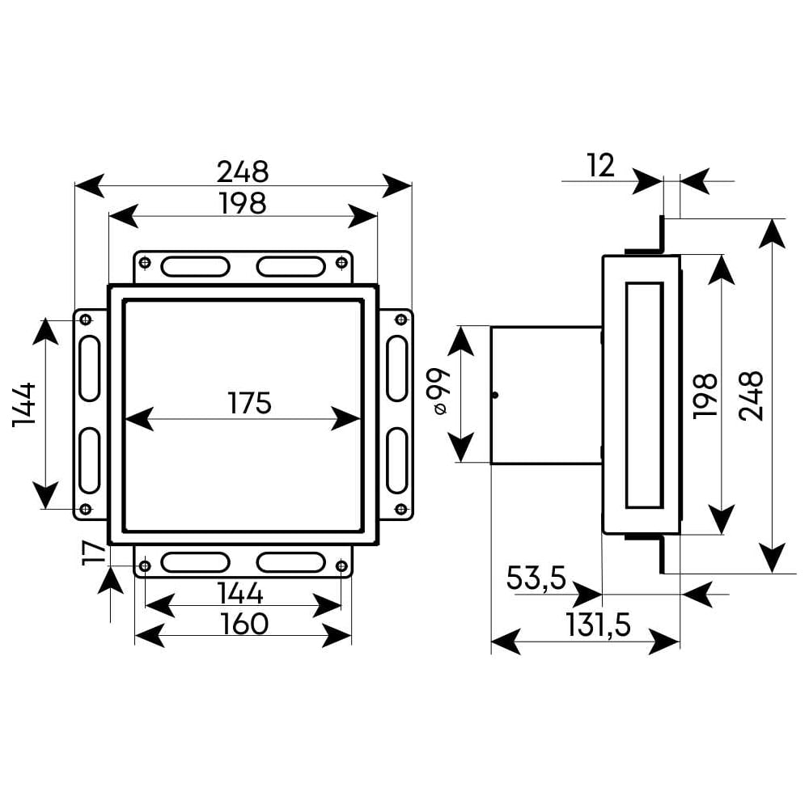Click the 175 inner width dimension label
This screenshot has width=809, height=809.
coord(249,403)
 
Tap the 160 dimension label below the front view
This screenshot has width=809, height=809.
coord(244,624)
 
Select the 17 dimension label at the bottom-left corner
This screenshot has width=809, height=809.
coord(93,553)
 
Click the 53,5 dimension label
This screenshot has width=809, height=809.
coord(536,578)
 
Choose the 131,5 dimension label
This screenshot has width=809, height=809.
coord(598,625)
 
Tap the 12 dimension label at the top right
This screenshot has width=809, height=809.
coord(600,166)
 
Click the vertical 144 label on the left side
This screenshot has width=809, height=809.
coord(24,404)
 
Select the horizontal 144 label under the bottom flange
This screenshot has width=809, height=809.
coord(240,593)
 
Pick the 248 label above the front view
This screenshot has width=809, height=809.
coord(243,172)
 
